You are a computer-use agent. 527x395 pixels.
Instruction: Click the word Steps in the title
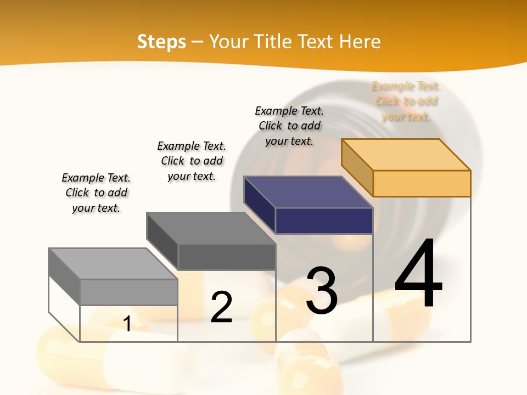161,42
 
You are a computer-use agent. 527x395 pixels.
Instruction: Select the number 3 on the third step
322,291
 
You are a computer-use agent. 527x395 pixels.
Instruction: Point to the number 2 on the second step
222,307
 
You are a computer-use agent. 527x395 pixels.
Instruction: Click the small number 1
127,324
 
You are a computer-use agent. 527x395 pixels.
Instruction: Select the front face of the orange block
422,183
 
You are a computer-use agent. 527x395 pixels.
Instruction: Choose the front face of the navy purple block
324,221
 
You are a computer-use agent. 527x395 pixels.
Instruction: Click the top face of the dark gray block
211,228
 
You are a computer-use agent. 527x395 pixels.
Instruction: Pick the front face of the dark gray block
226,257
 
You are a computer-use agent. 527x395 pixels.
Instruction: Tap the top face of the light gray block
113,264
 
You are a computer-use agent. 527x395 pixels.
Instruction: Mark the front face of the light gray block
128,292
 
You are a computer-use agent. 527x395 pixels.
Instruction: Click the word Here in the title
360,42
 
